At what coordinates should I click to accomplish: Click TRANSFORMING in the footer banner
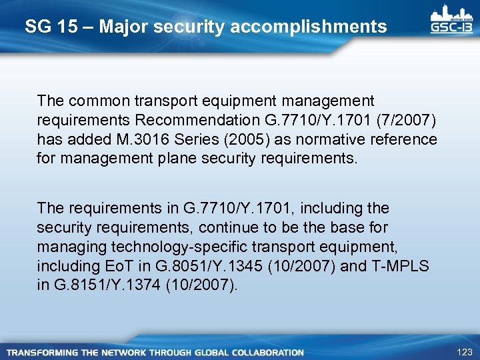pos(41,352)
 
